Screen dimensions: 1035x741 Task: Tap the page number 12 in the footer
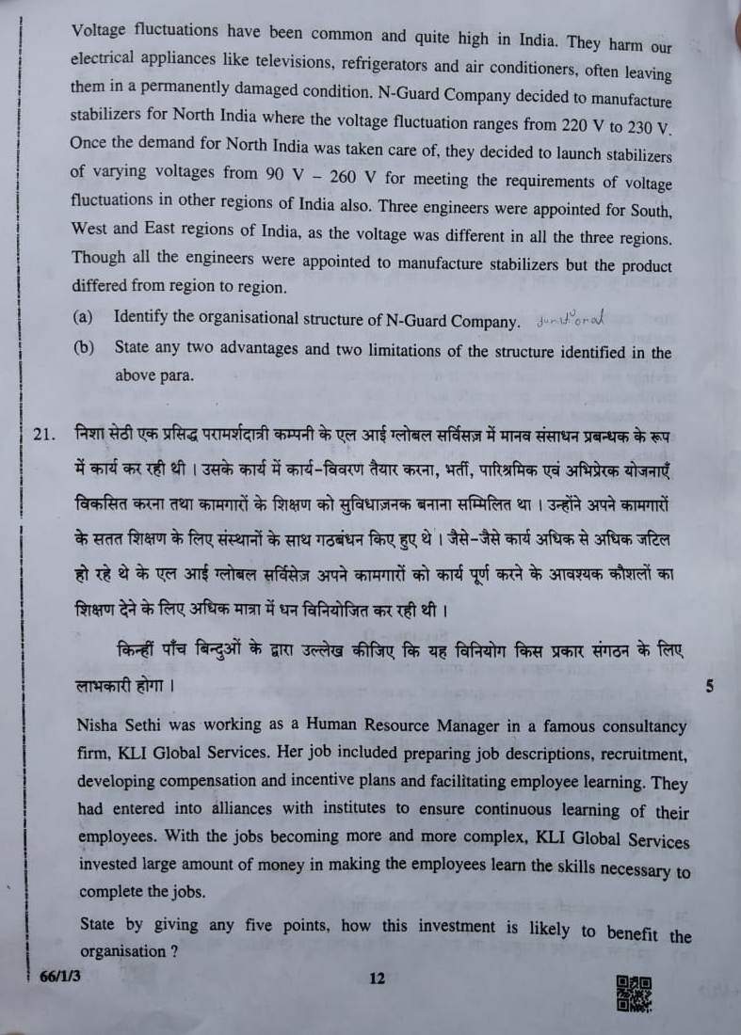tap(378, 979)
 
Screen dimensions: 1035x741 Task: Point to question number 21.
tap(47, 436)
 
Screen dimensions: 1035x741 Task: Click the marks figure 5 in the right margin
tap(708, 686)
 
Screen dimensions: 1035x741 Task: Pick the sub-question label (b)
tap(83, 347)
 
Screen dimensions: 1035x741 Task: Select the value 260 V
tap(342, 174)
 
